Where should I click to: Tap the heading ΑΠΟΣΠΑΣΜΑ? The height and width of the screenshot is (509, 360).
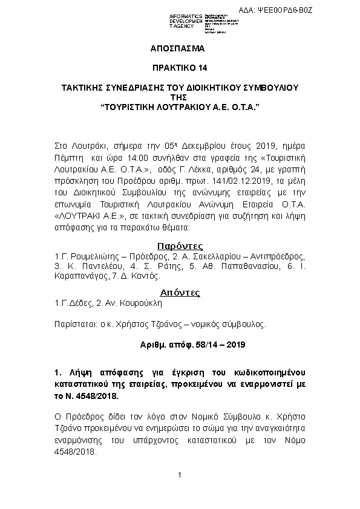pyautogui.click(x=179, y=48)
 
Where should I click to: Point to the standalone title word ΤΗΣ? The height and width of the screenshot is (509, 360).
pyautogui.click(x=180, y=97)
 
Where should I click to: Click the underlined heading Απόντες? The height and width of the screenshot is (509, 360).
pyautogui.click(x=179, y=293)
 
